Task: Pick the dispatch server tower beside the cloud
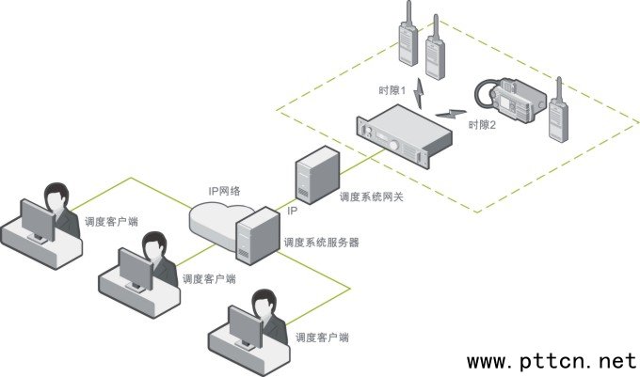(x=256, y=237)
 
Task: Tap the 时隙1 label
(x=392, y=91)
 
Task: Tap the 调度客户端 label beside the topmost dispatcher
(x=110, y=222)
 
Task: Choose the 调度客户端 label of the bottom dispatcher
(x=322, y=337)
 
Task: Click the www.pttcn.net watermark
(x=552, y=360)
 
